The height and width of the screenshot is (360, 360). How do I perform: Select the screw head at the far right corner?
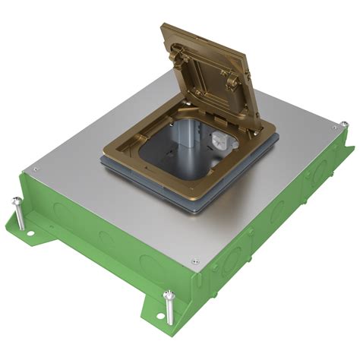click(x=343, y=125)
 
